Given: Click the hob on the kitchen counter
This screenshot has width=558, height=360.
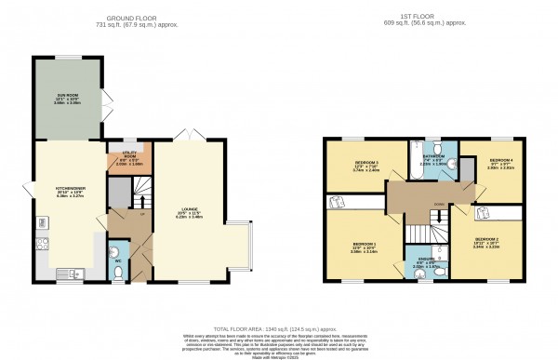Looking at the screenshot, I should (40, 246).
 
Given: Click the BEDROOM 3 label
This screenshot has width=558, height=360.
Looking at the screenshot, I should (356, 165).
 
